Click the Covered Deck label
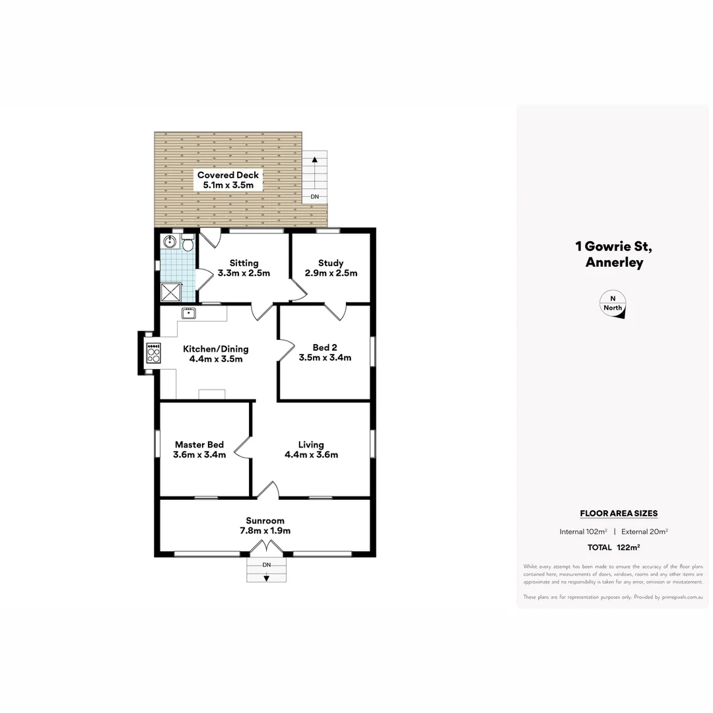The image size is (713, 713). pyautogui.click(x=228, y=175)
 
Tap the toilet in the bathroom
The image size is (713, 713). pyautogui.click(x=187, y=245)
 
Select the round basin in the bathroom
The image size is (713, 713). pyautogui.click(x=168, y=242)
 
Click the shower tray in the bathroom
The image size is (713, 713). pyautogui.click(x=170, y=291)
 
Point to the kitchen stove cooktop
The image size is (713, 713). pyautogui.click(x=153, y=355)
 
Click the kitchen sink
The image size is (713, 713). pyautogui.click(x=189, y=313)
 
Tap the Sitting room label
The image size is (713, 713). pyautogui.click(x=244, y=263)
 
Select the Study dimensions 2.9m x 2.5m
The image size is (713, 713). pyautogui.click(x=331, y=273)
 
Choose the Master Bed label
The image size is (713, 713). pyautogui.click(x=199, y=444)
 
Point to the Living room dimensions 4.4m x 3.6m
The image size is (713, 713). pyautogui.click(x=311, y=455)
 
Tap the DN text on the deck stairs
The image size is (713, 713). pyautogui.click(x=315, y=197)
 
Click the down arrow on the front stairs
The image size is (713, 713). pyautogui.click(x=267, y=578)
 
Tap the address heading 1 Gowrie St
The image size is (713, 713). pyautogui.click(x=613, y=247)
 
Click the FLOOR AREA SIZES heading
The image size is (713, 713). pyautogui.click(x=618, y=513)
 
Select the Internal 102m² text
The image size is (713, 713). pyautogui.click(x=583, y=531)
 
